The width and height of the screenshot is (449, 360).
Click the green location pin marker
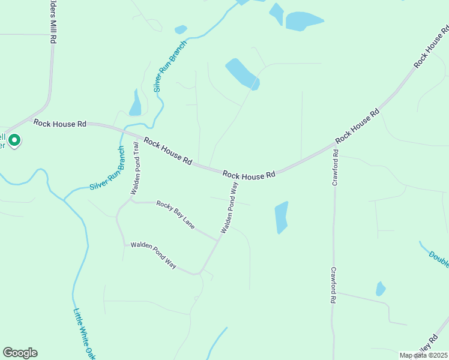tap(14, 140)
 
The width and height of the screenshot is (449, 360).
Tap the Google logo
tap(20, 353)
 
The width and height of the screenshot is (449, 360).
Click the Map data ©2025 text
tap(424, 355)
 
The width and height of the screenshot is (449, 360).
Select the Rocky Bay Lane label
tap(175, 215)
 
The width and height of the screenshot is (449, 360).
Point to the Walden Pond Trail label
tap(136, 169)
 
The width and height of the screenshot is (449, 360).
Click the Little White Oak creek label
tap(85, 334)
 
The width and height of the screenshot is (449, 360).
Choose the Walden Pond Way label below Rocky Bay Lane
tap(153, 254)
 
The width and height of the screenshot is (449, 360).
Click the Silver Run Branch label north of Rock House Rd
tap(170, 66)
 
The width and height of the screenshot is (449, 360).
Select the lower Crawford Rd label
tap(334, 285)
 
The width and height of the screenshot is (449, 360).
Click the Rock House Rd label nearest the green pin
tap(60, 124)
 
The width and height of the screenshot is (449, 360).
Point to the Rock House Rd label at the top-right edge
tap(431, 47)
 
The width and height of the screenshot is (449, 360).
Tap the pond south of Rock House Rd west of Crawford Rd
tap(281, 217)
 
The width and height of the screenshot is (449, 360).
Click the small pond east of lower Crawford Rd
tap(380, 289)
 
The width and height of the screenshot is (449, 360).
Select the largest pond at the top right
tap(304, 21)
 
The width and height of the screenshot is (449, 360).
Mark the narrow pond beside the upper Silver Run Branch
tap(135, 103)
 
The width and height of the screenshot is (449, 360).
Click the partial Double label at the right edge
tap(439, 259)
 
